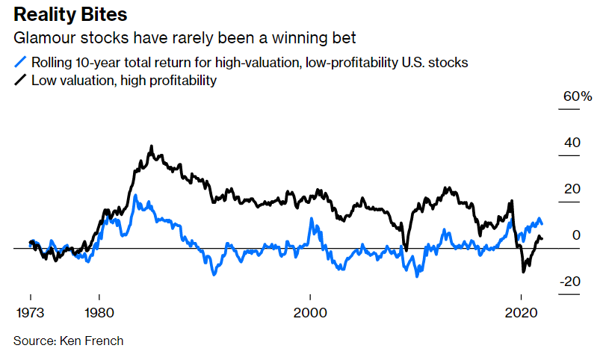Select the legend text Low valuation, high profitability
tap(123, 80)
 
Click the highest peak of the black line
tap(151, 147)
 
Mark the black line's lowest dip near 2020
tap(522, 272)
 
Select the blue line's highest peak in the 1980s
tap(136, 196)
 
